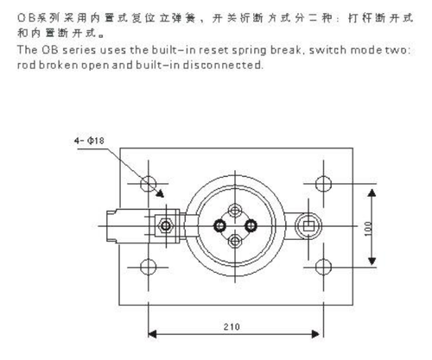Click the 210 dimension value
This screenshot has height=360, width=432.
tap(232, 326)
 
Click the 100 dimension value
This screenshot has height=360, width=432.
tap(368, 229)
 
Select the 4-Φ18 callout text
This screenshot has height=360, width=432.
tap(89, 141)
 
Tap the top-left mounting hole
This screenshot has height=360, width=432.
tap(149, 184)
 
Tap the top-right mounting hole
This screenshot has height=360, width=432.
tap(323, 184)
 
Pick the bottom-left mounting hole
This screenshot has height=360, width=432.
tap(149, 267)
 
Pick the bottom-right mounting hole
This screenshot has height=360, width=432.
tap(323, 267)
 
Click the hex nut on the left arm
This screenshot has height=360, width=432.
tap(166, 225)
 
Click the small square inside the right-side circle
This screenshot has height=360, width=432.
tap(308, 226)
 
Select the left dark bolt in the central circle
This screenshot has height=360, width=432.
tap(219, 225)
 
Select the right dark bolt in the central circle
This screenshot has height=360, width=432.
tap(251, 225)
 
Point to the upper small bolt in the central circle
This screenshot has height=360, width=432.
tap(235, 211)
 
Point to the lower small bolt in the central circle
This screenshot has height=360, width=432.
tap(235, 241)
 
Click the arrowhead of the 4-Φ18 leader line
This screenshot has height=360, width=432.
tap(160, 193)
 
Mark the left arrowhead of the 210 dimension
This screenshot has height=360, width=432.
tap(152, 334)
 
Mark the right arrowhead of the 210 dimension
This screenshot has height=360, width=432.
tap(315, 334)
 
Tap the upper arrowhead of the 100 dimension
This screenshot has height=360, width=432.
tap(372, 193)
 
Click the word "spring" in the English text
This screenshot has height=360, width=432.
tap(250, 51)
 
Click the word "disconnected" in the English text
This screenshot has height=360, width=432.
tap(223, 65)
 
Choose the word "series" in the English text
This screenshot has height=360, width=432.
tap(79, 50)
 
